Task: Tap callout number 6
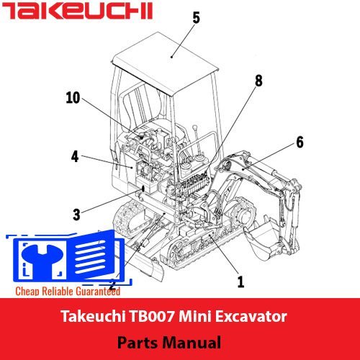click(x=300, y=143)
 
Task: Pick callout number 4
click(x=75, y=156)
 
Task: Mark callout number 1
click(x=240, y=282)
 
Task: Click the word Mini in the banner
click(x=194, y=316)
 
